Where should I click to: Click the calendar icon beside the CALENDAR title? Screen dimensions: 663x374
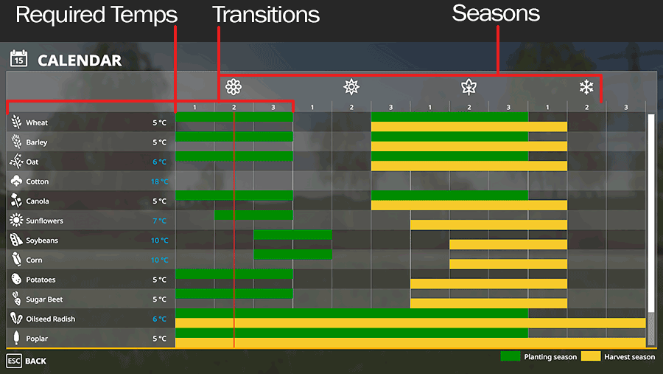[18, 58]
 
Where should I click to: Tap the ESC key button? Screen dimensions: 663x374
[14, 361]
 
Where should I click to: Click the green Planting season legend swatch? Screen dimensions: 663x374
[511, 356]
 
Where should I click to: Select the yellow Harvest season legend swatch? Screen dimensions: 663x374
[591, 356]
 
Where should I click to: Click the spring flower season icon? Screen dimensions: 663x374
[234, 87]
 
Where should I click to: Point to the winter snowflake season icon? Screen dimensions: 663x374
[586, 87]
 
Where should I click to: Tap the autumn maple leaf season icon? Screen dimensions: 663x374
[469, 87]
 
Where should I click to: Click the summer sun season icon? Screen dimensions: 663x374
[351, 87]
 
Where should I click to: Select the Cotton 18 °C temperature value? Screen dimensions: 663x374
[159, 181]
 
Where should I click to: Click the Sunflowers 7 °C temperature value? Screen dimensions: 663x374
[160, 221]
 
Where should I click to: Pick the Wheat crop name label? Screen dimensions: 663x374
[37, 123]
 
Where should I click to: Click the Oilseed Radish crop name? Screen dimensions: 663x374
[50, 319]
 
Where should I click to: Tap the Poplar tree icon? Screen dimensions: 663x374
[16, 338]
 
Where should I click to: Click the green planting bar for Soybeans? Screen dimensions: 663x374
[292, 235]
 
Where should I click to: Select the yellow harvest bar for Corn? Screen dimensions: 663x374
[508, 264]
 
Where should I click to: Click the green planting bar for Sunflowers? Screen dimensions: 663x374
[253, 215]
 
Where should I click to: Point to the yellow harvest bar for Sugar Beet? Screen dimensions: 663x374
[489, 303]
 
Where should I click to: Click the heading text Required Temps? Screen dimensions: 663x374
[97, 15]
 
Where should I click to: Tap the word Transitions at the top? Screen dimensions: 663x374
[266, 15]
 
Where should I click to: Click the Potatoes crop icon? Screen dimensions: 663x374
[16, 279]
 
